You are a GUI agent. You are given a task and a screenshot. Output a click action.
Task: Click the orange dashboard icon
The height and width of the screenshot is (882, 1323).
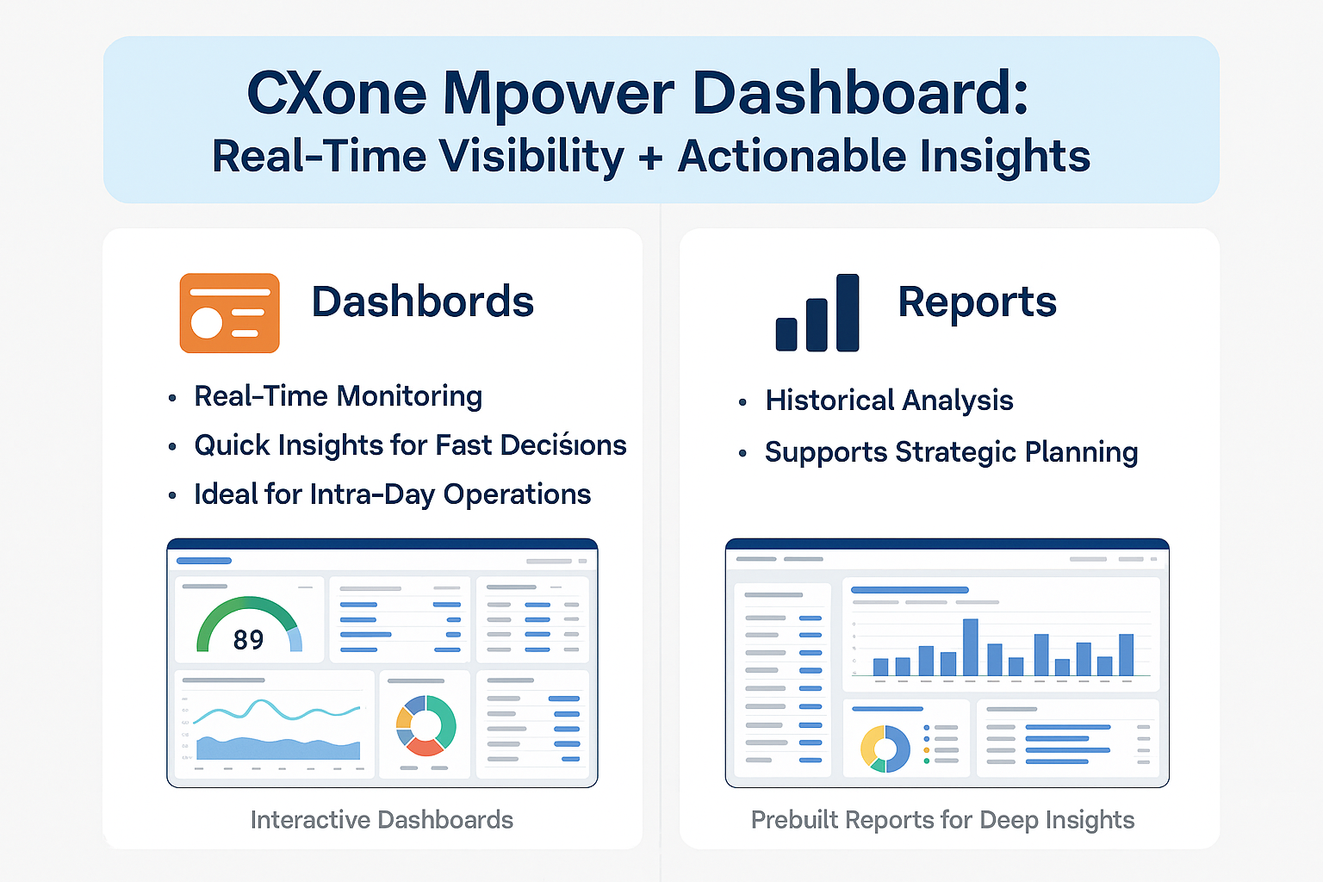(x=229, y=314)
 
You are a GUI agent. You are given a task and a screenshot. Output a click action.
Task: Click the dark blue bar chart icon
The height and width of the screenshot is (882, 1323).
(x=817, y=314)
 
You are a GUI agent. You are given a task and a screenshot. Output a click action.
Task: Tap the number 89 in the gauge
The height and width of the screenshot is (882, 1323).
(x=248, y=640)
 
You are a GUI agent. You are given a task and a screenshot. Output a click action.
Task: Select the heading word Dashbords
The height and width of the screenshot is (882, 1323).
(x=422, y=302)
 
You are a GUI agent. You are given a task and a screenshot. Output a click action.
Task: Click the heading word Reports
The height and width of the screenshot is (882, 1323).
(x=977, y=302)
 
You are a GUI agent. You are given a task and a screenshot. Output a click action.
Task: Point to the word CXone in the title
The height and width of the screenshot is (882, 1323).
(x=336, y=93)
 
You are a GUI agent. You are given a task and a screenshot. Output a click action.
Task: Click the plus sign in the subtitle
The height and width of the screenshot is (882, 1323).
(x=650, y=158)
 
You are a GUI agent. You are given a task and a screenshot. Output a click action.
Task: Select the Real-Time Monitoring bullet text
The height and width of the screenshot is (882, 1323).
(x=338, y=396)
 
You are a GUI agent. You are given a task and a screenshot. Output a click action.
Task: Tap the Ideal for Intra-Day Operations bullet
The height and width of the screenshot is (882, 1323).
(x=392, y=494)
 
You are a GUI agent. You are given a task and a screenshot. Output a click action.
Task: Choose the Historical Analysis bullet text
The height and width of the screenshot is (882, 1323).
(x=889, y=401)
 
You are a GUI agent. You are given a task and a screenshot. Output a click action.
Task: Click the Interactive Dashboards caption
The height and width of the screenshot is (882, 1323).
(x=382, y=820)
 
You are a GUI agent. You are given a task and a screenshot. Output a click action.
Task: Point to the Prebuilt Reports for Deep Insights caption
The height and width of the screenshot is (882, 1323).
(x=942, y=820)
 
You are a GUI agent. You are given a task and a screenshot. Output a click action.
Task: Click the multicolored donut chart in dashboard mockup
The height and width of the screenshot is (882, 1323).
(x=425, y=724)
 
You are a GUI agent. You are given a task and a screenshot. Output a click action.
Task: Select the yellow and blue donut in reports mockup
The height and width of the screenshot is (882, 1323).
(x=885, y=748)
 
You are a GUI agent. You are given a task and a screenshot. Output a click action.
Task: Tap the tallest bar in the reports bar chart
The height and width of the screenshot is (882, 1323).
(x=970, y=646)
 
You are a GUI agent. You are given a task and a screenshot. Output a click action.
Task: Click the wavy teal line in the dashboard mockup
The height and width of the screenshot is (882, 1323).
(x=276, y=710)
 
